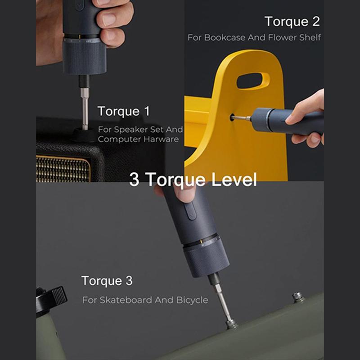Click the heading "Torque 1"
tap(124, 112)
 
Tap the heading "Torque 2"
tap(292, 22)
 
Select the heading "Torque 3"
tap(107, 281)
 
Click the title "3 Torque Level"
tap(193, 180)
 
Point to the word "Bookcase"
tap(225, 37)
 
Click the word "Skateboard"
tap(126, 300)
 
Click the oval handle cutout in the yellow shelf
tap(253, 81)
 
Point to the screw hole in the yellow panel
tap(232, 117)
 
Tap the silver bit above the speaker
tap(85, 109)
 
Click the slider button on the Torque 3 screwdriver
tap(190, 211)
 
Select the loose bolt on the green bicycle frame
tap(298, 297)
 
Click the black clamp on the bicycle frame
tap(51, 298)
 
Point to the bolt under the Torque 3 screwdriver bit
tap(231, 324)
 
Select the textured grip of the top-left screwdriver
tap(85, 57)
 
